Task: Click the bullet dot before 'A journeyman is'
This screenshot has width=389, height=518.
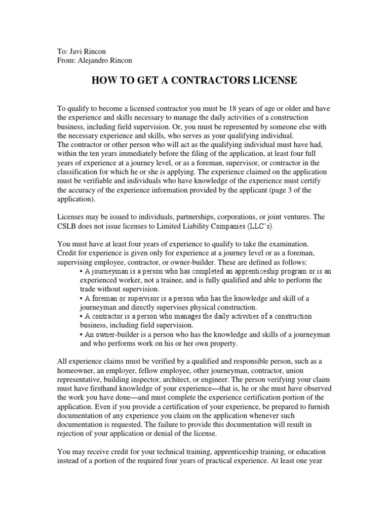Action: (x=81, y=272)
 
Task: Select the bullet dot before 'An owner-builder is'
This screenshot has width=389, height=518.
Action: (x=81, y=334)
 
